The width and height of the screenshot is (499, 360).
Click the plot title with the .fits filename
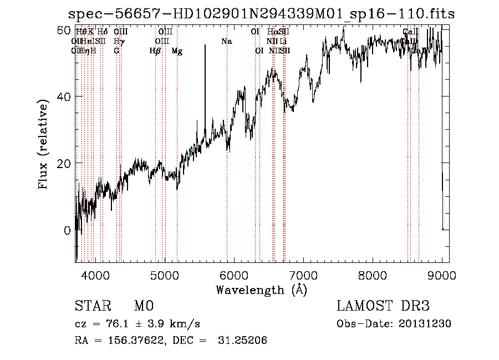point(261,14)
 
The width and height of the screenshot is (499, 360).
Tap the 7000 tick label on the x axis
point(303,275)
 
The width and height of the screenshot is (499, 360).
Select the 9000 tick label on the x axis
point(442,275)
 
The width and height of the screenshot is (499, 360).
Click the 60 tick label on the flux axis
point(65,29)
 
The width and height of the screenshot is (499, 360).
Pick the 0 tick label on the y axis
point(68,230)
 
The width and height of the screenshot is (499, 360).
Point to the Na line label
point(226,41)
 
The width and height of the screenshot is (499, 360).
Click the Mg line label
point(176,51)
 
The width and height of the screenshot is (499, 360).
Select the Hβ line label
point(155,51)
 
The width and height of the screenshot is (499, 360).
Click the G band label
point(116,51)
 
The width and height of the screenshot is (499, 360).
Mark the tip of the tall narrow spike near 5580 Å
point(205,45)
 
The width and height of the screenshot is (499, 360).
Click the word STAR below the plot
point(91,306)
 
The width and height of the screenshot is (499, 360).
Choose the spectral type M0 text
point(144,306)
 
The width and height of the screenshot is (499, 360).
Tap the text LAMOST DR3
point(383,306)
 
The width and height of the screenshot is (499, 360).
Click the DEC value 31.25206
point(246,341)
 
